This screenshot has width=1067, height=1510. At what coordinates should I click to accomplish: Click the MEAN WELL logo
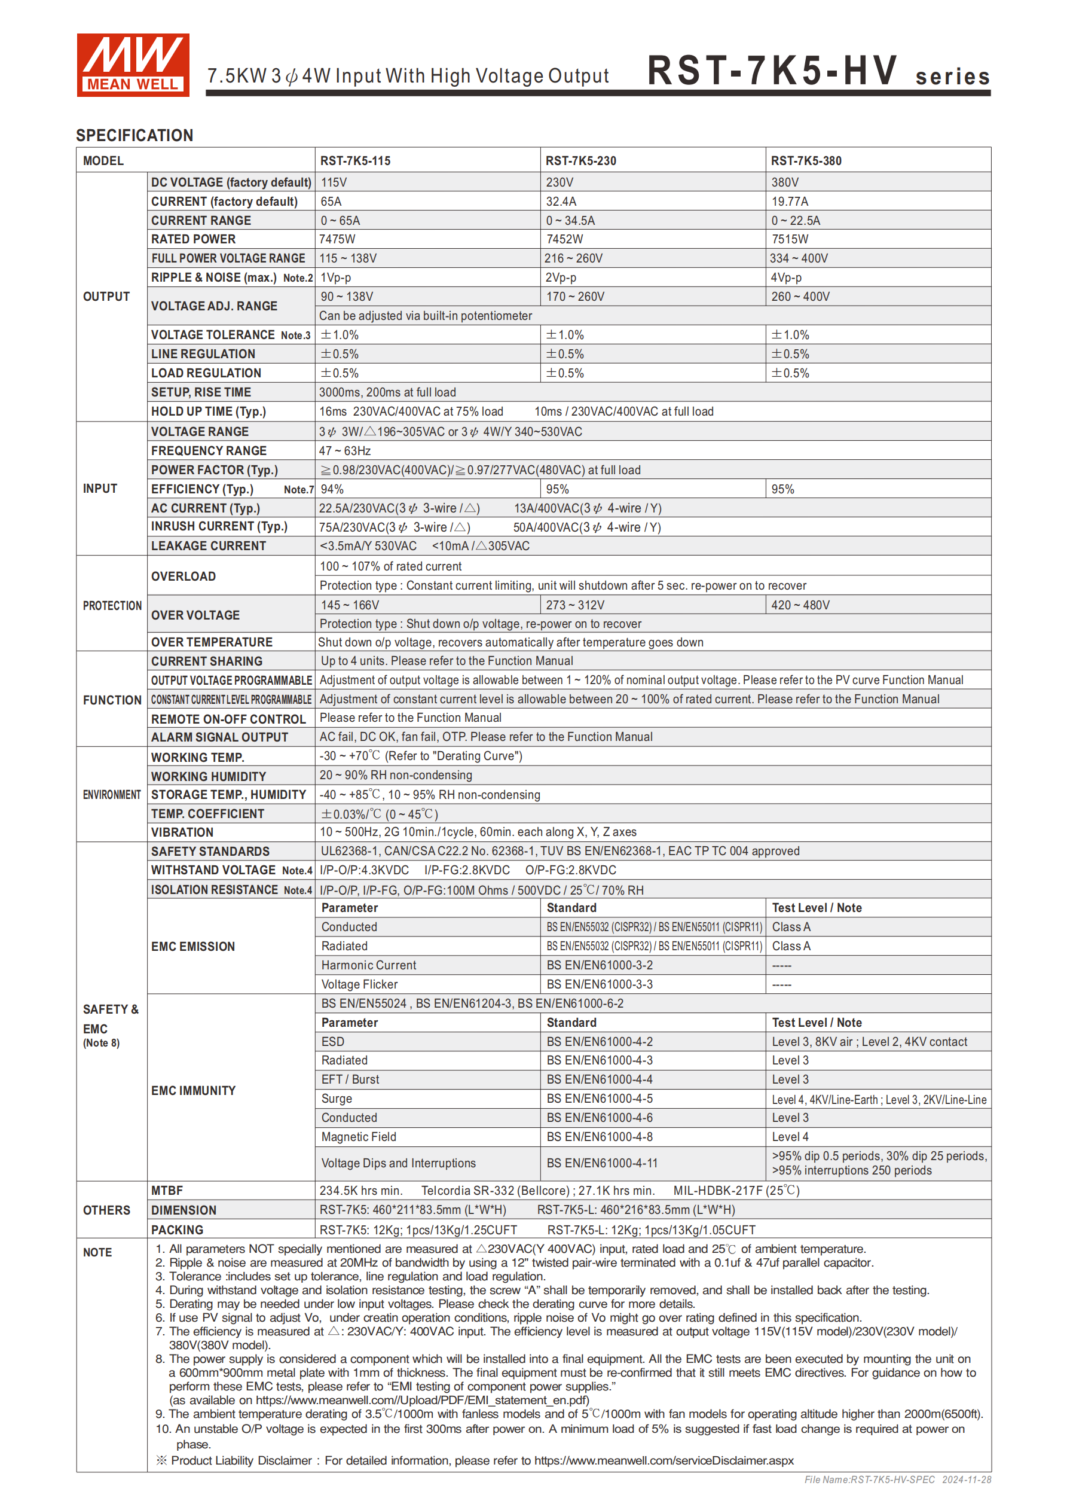[133, 65]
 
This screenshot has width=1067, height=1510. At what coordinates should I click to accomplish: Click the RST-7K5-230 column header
[580, 160]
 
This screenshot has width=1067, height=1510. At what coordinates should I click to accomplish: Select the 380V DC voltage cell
[785, 182]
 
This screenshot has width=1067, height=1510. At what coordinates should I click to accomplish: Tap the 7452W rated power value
[564, 239]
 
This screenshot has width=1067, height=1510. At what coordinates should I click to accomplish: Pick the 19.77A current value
[790, 202]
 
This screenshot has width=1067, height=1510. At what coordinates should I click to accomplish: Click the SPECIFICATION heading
[134, 136]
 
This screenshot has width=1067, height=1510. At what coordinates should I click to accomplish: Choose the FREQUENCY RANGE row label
[209, 450]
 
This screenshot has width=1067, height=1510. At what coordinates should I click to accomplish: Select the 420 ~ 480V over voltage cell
[800, 605]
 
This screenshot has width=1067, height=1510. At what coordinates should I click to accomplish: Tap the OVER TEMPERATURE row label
[211, 642]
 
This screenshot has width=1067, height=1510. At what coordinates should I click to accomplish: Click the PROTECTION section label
[112, 606]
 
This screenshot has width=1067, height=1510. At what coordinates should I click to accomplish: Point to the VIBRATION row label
[182, 832]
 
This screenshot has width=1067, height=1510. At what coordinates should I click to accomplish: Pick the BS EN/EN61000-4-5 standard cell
[600, 1099]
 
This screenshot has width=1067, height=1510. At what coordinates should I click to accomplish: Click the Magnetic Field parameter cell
[358, 1136]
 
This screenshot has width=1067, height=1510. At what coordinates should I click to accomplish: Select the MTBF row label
[167, 1191]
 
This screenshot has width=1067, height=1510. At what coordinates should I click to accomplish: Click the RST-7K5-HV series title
[818, 71]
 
